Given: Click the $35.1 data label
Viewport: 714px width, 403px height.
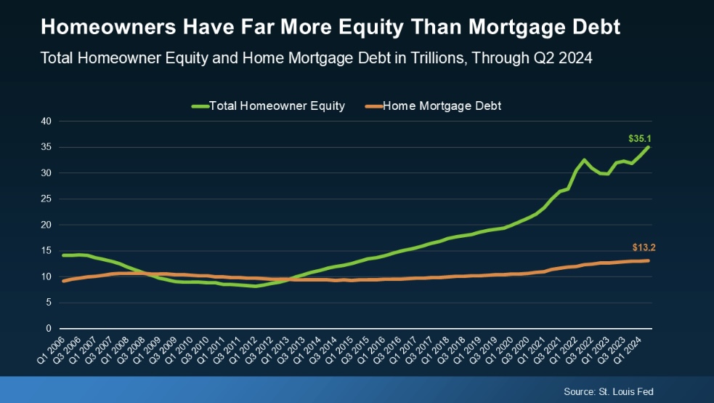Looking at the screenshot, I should click(639, 137).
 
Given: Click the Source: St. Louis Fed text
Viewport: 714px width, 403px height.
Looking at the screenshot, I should click(608, 391).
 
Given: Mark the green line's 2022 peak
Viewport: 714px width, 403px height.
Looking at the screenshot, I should click(584, 160).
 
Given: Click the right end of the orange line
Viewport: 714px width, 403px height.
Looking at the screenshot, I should click(647, 260).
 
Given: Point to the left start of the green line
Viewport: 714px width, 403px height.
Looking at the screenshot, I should click(64, 255).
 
